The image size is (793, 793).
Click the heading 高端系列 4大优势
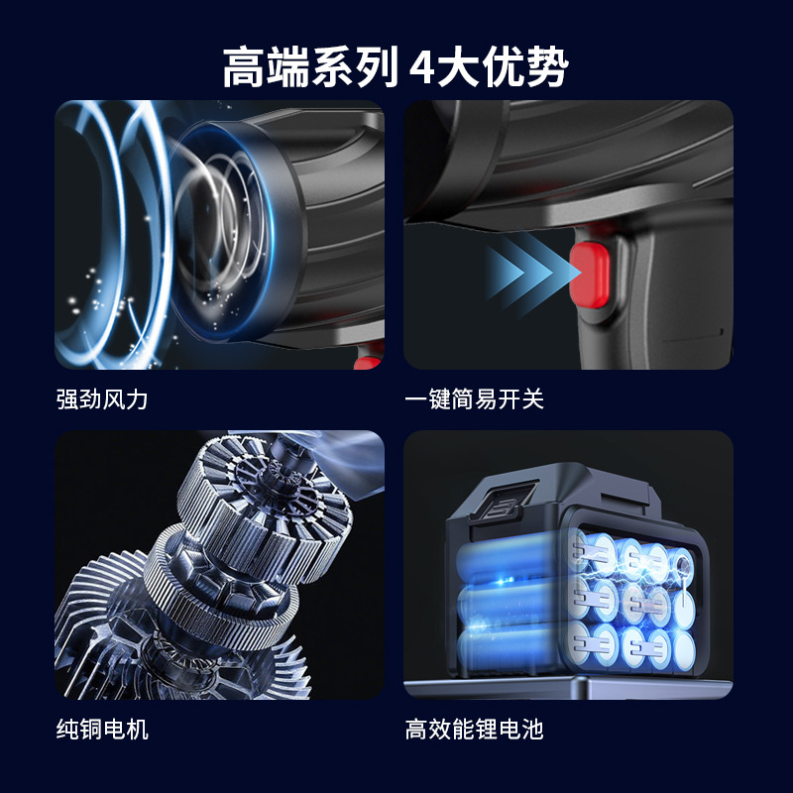tap(396, 67)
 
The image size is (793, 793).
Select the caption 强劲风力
tap(102, 399)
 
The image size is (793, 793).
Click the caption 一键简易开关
tap(475, 399)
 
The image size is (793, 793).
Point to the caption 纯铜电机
tap(102, 730)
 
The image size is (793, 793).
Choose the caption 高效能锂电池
tap(475, 730)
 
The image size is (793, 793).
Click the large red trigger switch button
tap(590, 276)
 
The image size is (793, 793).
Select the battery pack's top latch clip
tap(501, 502)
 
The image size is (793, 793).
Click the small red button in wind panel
tap(368, 361)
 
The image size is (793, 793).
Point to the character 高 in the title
tap(244, 67)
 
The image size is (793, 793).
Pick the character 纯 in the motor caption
tap(67, 730)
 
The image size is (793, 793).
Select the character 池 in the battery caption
tap(532, 730)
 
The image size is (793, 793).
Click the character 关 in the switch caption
tap(532, 399)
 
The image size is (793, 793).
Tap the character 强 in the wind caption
tap(67, 399)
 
